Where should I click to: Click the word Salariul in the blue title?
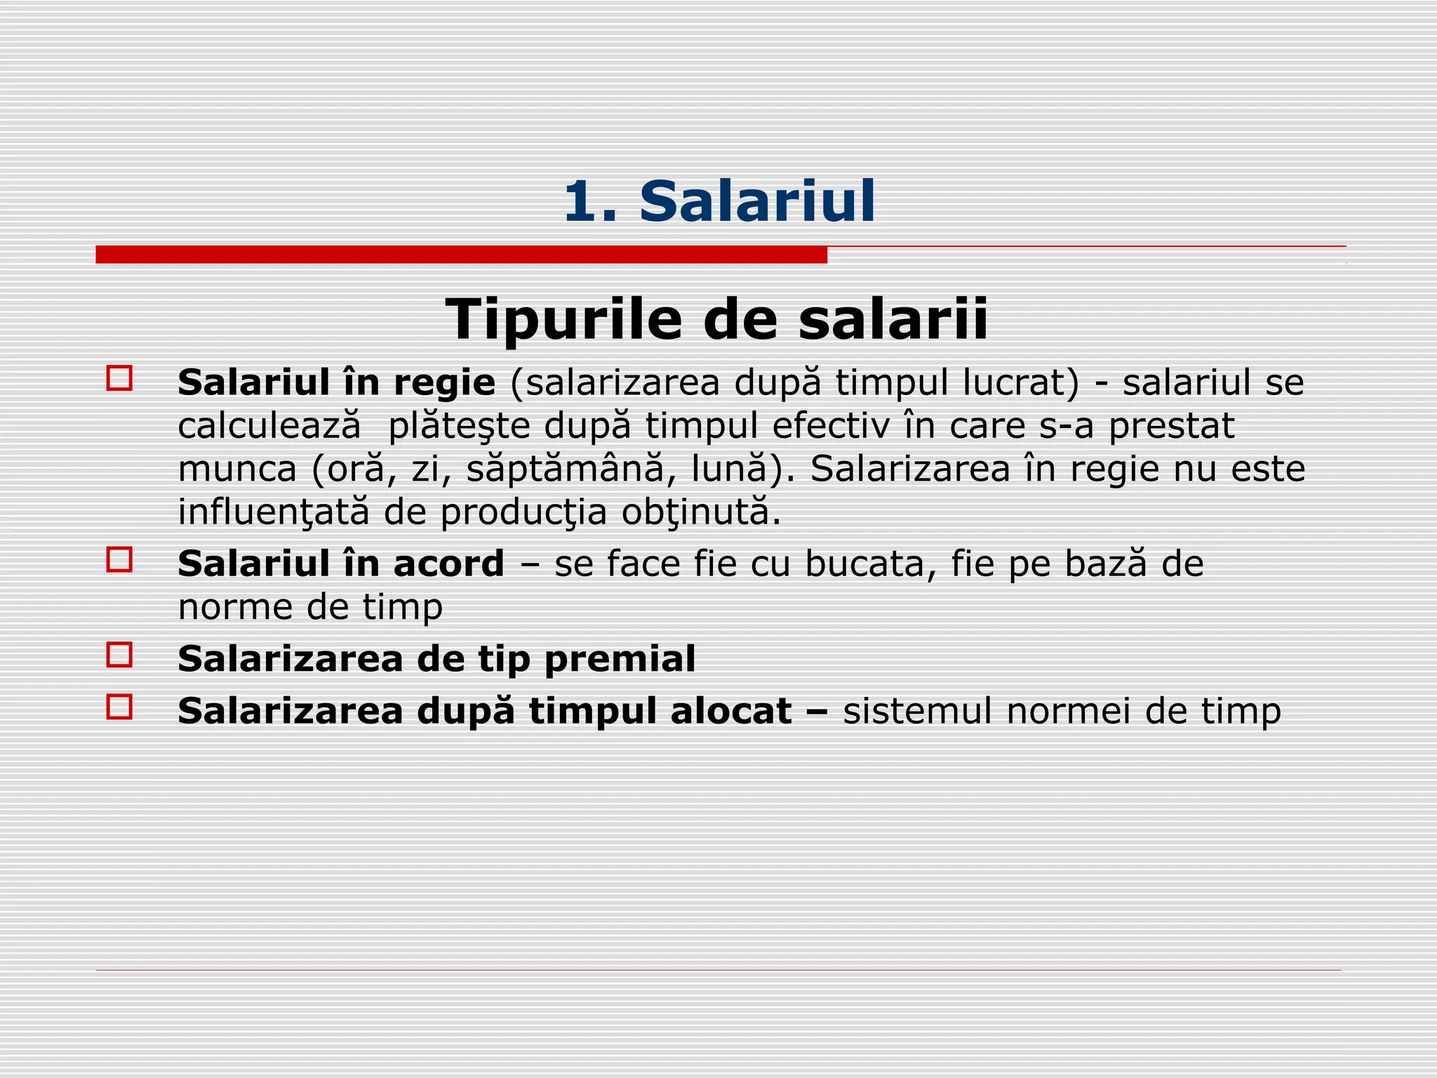(757, 202)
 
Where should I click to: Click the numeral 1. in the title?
(589, 202)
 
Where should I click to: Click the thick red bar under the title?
(461, 255)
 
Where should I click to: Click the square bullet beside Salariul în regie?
(119, 378)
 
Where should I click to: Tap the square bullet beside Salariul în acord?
(119, 559)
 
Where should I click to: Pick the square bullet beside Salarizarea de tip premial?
(119, 655)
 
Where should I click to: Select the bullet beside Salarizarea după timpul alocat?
(119, 707)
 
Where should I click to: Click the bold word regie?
(444, 383)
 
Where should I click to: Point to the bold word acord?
(448, 564)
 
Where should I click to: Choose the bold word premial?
(620, 659)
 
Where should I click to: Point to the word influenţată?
(273, 512)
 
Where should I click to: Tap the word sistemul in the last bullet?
(917, 711)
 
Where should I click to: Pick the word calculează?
(269, 426)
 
